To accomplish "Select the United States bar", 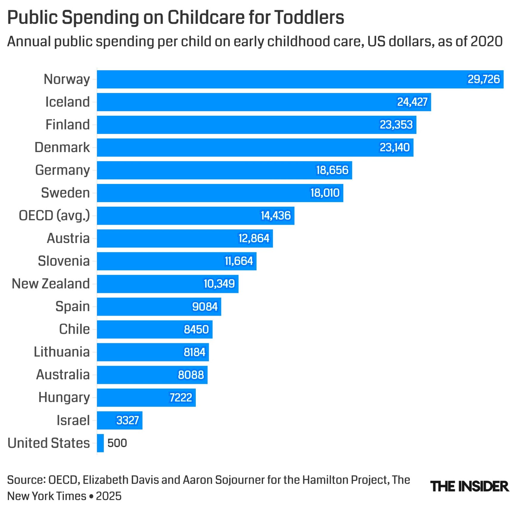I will (100, 443).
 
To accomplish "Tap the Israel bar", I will (119, 420).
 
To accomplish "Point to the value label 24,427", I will (412, 102).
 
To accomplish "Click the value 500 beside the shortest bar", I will (117, 443).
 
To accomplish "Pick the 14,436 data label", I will (276, 216).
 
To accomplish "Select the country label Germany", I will (63, 170).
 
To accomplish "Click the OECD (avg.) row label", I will (54, 216).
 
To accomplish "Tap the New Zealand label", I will (51, 284).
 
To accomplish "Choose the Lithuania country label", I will (62, 352).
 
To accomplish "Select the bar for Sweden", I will (220, 193).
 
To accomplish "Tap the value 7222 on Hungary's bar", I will (181, 398).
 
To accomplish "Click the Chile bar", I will (155, 329).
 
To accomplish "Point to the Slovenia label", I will (64, 261).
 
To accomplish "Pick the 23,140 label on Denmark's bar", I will (394, 148).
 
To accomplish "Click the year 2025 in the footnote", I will (108, 496).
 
